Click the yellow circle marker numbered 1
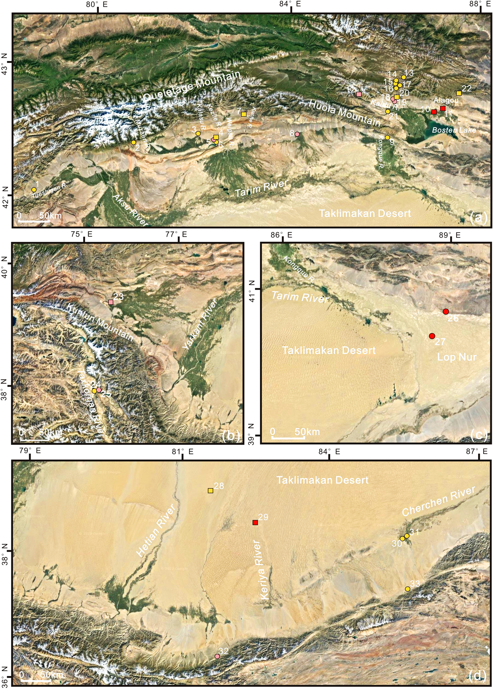[34, 189]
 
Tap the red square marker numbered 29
[255, 522]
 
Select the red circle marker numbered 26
[446, 311]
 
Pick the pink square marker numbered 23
[111, 302]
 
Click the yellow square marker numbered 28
[210, 490]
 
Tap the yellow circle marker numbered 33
[408, 589]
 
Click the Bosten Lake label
[454, 130]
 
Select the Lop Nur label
[457, 357]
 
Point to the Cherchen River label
[438, 501]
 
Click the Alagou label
[446, 100]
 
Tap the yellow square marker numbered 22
[459, 93]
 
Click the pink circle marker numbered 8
[297, 134]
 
